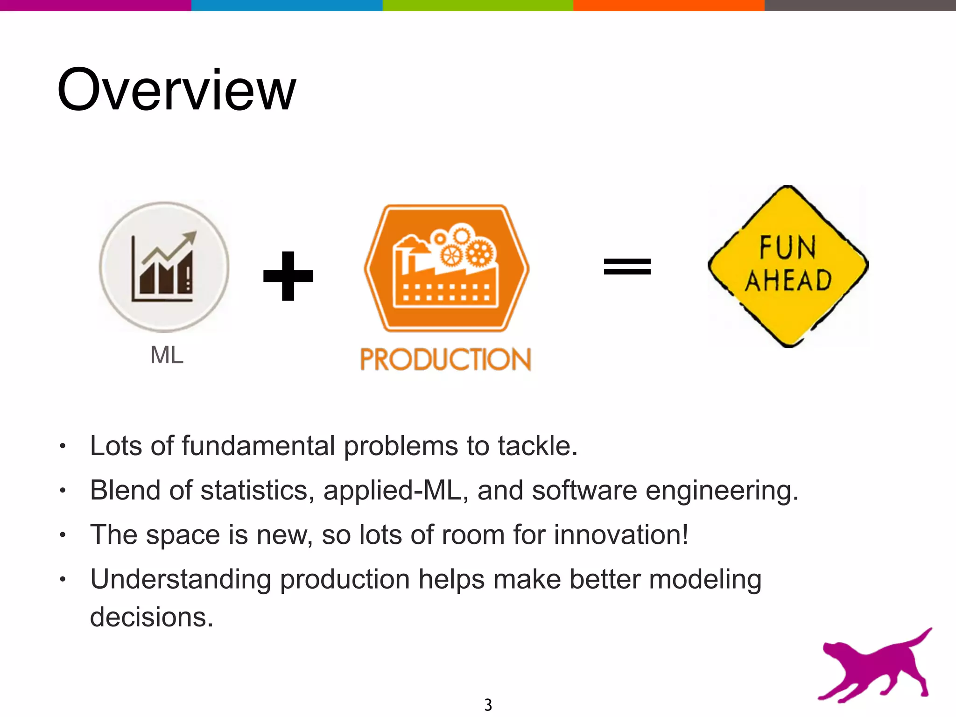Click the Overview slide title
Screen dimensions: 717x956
176,90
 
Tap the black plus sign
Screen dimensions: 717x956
288,276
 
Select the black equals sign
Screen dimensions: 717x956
627,267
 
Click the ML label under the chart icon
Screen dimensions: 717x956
167,355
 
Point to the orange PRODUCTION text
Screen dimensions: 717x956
446,359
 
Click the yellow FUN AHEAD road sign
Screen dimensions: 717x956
788,266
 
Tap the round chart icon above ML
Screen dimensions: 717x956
164,267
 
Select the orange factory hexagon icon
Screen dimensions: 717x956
447,268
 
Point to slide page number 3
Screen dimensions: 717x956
488,704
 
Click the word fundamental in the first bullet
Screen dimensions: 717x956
258,446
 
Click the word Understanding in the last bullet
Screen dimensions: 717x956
180,580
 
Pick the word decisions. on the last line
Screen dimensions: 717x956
152,617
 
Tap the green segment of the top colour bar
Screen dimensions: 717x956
478,5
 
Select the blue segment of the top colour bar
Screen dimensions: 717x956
287,5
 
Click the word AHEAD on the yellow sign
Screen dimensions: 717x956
788,281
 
